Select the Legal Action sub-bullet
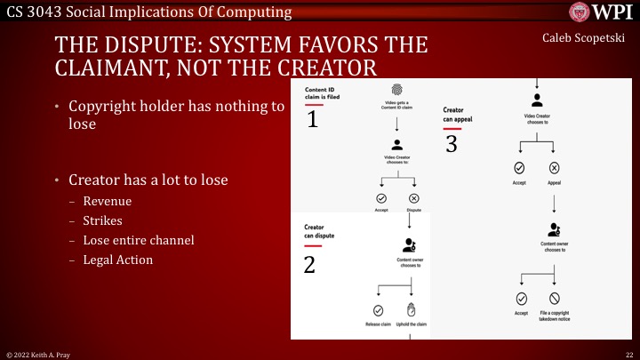pos(117,260)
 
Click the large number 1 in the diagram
pos(312,120)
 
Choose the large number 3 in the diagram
pos(451,144)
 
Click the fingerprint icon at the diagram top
pos(397,90)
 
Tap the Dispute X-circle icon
pos(413,198)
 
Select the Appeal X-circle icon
pos(554,168)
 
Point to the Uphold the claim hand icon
pos(412,310)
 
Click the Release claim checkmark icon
pos(378,310)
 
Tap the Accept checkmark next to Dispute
pos(380,198)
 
